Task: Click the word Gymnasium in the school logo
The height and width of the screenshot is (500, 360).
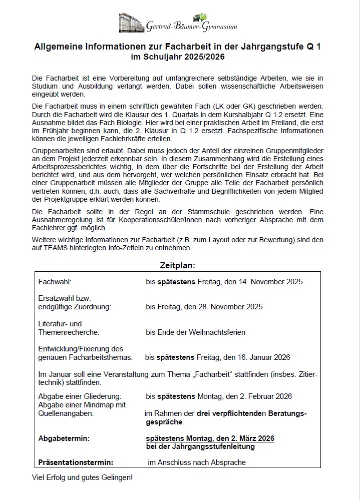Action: pyautogui.click(x=219, y=27)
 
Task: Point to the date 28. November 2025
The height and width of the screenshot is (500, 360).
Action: pyautogui.click(x=223, y=306)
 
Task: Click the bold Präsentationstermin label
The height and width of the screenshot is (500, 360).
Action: pyautogui.click(x=76, y=462)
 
